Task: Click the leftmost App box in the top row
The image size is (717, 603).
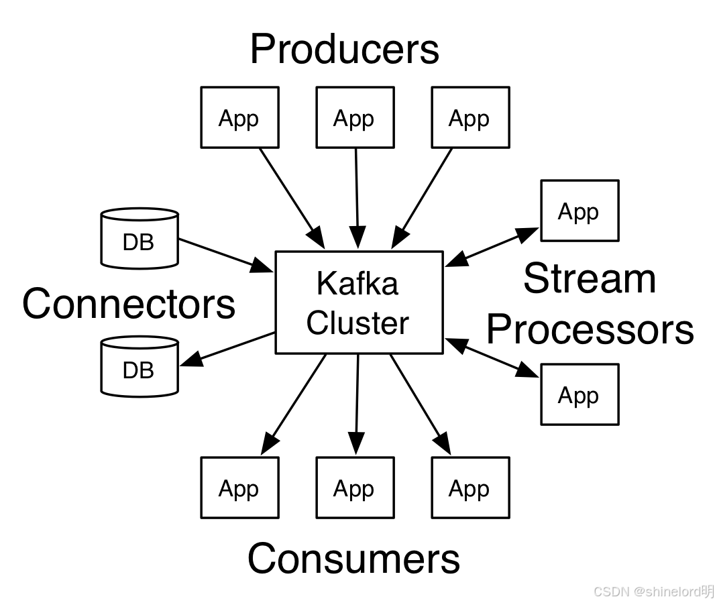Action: pos(239,117)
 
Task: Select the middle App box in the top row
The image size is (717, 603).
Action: pos(355,117)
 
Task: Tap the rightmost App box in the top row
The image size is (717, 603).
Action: pos(470,117)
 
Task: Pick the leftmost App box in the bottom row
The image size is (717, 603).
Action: pos(239,488)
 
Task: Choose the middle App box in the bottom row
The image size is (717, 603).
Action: pos(355,488)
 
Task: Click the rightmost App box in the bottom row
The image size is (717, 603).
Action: pos(470,488)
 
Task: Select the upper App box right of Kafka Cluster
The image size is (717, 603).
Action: pos(580,211)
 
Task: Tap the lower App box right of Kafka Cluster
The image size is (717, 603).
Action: pos(580,394)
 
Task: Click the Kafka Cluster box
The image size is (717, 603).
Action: pos(359,303)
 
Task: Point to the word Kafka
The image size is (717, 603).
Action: pos(357,284)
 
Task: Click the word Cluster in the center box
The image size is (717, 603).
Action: pos(357,323)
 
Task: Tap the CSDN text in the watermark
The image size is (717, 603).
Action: pos(611,591)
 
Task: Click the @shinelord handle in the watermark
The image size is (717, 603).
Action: pos(666,591)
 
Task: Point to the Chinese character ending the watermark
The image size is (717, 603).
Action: pos(707,591)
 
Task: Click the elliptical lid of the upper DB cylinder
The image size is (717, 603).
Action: pos(140,215)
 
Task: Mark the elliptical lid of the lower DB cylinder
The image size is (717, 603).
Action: pos(140,343)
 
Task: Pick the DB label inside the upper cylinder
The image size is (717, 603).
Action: pos(138,242)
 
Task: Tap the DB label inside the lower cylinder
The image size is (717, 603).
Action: pos(138,370)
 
